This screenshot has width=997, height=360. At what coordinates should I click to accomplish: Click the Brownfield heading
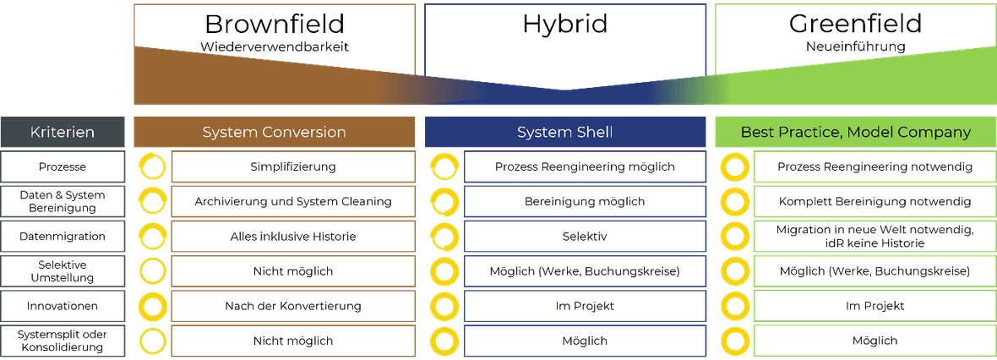(x=274, y=25)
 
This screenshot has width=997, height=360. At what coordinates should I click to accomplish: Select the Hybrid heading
(x=565, y=25)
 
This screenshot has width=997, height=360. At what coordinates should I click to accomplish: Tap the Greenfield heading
(x=855, y=25)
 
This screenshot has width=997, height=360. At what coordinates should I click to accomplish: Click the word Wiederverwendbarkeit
(x=274, y=47)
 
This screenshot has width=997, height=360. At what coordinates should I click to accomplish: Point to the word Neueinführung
(x=856, y=47)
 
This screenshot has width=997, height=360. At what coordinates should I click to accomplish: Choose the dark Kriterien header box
(x=63, y=133)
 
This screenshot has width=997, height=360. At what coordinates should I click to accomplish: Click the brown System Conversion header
(x=274, y=133)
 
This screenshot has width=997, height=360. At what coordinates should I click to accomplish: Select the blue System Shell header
(x=565, y=133)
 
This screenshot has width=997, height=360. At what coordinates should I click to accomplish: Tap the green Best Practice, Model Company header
(x=856, y=133)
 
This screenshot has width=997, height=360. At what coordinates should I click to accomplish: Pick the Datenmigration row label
(x=63, y=237)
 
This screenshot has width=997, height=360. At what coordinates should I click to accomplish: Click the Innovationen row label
(x=63, y=306)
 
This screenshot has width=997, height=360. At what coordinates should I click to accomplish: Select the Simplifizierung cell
(x=293, y=166)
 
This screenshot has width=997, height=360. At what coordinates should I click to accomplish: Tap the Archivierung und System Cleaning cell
(x=293, y=202)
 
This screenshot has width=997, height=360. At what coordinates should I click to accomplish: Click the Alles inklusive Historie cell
(x=293, y=237)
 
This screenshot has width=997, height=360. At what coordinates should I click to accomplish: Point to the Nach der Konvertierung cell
(x=293, y=306)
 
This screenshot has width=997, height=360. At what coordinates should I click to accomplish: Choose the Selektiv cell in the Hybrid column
(x=585, y=237)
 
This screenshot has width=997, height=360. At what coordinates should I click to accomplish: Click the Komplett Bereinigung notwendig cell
(x=875, y=202)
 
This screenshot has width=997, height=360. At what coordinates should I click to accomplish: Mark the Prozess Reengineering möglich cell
(x=585, y=166)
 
